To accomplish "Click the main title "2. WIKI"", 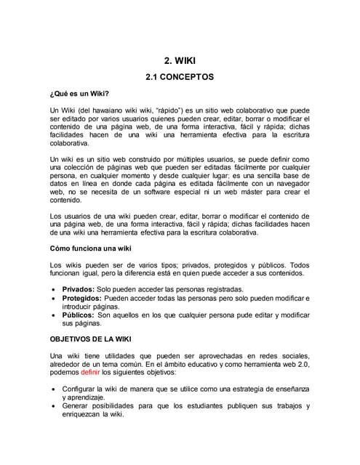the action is pos(180,62).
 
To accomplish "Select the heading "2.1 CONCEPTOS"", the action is pos(180,76).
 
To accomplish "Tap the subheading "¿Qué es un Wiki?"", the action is pos(79,93).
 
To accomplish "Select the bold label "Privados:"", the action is pos(81,289).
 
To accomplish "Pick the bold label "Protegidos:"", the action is pos(87,299).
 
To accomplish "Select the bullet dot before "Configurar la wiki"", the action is pos(56,390).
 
